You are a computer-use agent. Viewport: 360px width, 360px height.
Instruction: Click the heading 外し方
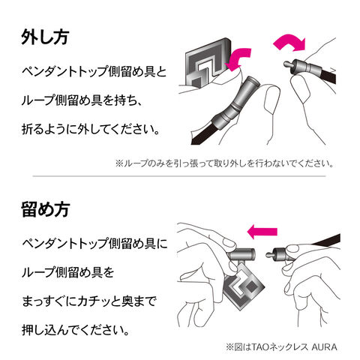[45, 37]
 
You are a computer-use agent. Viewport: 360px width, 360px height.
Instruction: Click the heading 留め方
[46, 209]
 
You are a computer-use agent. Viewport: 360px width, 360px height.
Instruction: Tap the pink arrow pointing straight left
[262, 232]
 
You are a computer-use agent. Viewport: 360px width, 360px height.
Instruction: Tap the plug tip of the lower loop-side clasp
[269, 255]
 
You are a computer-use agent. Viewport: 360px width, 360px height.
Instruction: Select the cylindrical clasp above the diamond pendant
[241, 255]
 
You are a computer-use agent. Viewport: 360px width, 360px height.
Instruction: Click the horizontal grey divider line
[179, 176]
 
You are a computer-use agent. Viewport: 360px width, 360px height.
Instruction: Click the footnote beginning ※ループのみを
[224, 163]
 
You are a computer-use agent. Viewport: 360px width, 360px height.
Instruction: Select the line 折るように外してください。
[91, 129]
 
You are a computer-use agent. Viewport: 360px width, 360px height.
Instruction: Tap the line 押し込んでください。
[75, 330]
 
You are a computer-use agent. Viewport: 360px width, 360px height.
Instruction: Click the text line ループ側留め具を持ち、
[82, 100]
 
